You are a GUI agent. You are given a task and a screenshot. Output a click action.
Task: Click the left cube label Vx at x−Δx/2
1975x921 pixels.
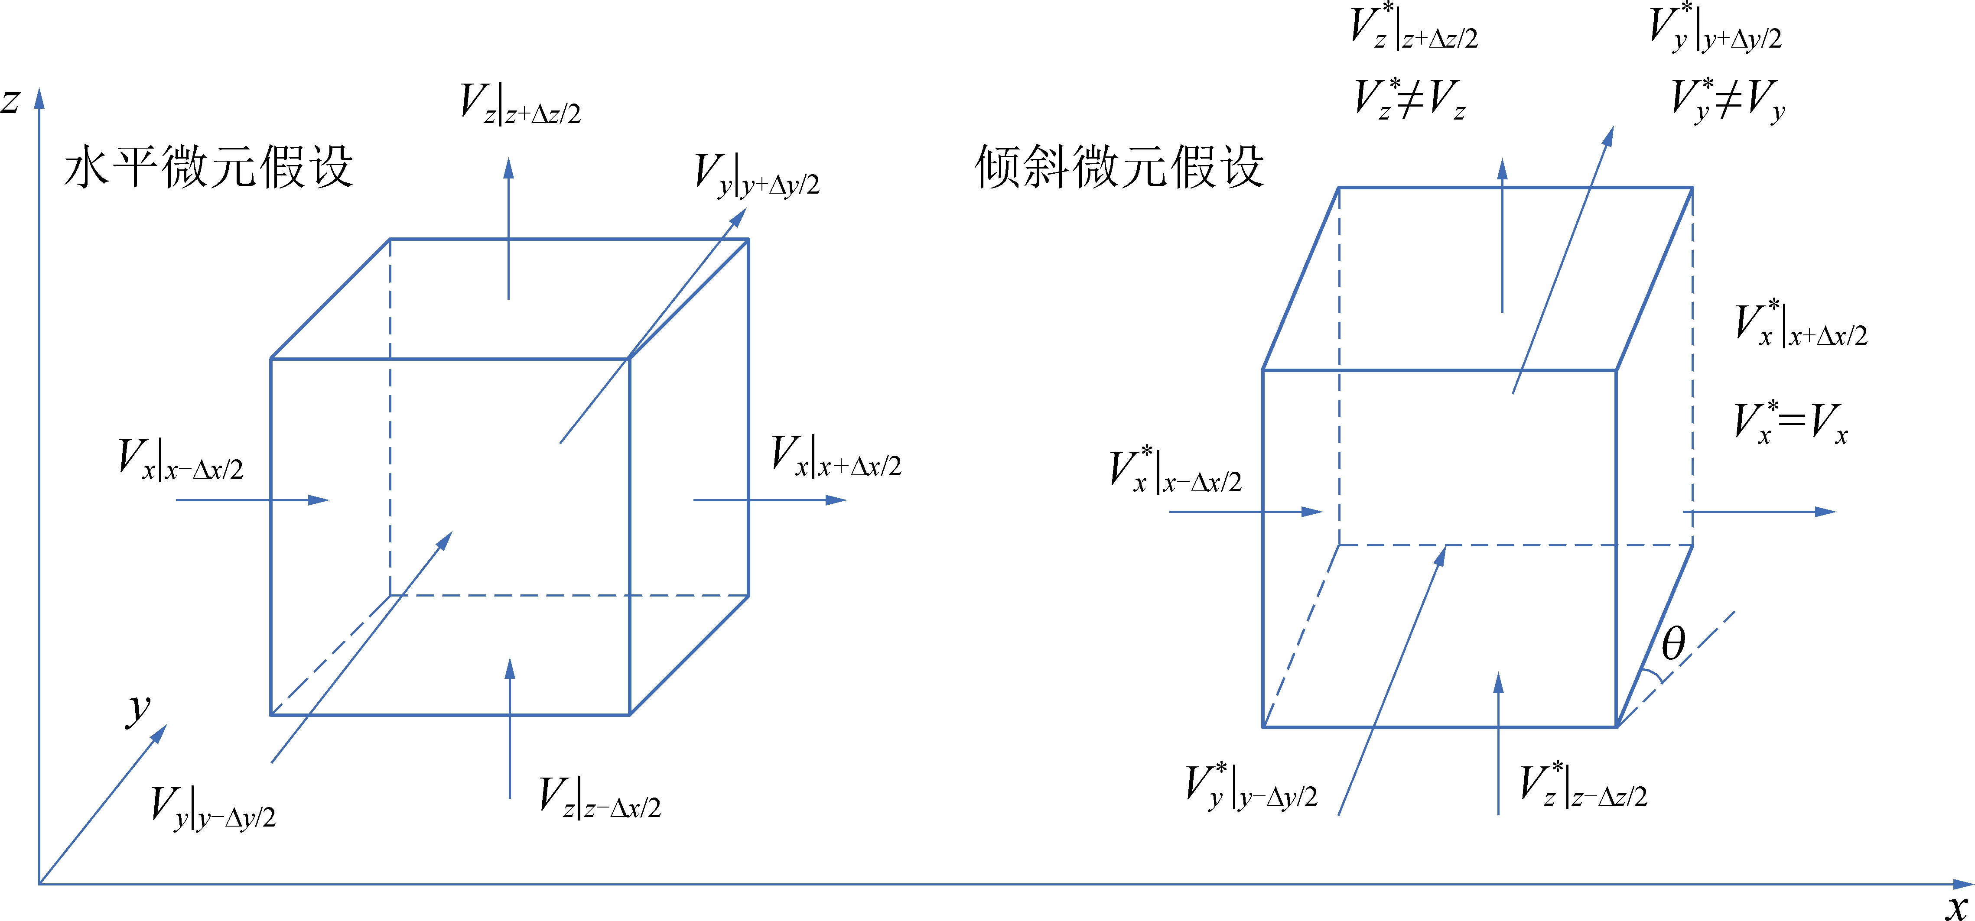point(181,459)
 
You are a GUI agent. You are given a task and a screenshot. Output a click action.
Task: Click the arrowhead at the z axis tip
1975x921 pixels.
point(39,97)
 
